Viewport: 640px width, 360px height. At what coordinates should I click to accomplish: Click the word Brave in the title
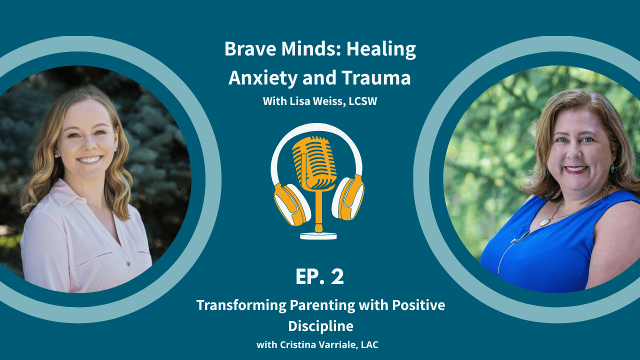pyautogui.click(x=250, y=49)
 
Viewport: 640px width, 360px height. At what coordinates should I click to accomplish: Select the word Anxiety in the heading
pyautogui.click(x=263, y=78)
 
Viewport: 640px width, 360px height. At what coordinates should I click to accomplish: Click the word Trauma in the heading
pyautogui.click(x=376, y=77)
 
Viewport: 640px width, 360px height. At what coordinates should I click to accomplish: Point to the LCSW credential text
pyautogui.click(x=363, y=101)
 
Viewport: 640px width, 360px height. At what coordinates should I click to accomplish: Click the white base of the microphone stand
pyautogui.click(x=318, y=236)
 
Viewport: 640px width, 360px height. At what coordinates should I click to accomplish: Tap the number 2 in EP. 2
pyautogui.click(x=337, y=276)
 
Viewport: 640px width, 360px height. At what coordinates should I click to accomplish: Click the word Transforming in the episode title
pyautogui.click(x=241, y=305)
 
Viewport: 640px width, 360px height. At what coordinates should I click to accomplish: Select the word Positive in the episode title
pyautogui.click(x=418, y=305)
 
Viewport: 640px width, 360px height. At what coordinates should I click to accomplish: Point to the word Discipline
pyautogui.click(x=320, y=326)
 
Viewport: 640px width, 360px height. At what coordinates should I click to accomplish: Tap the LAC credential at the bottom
pyautogui.click(x=369, y=345)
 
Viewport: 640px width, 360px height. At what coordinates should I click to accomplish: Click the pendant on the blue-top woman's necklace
pyautogui.click(x=545, y=222)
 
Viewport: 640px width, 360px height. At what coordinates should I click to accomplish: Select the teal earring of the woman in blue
pyautogui.click(x=612, y=168)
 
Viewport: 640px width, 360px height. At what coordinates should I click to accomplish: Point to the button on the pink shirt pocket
pyautogui.click(x=129, y=263)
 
